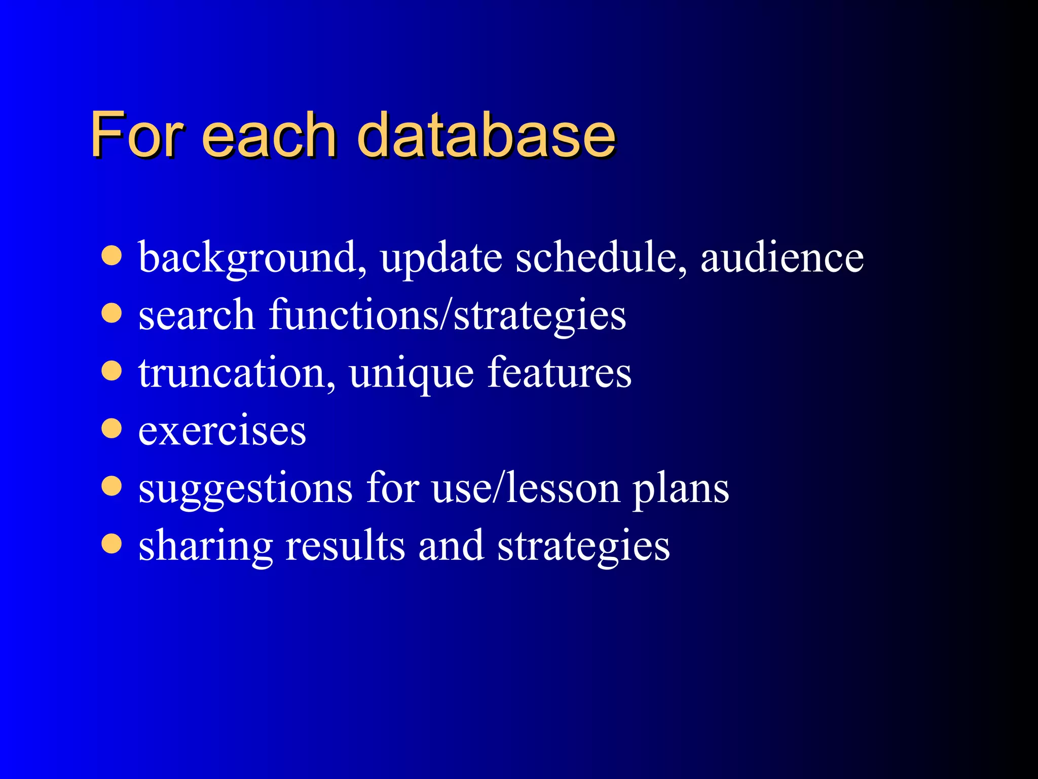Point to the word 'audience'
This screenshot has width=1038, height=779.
pos(782,258)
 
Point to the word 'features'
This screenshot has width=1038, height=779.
pos(559,372)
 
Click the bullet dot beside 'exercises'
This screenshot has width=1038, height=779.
pos(112,428)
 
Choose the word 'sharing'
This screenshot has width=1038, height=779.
pos(206,547)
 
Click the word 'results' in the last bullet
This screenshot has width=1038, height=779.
pos(345,546)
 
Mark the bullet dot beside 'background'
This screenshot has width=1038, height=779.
pos(112,256)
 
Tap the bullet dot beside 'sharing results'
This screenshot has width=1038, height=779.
pos(112,544)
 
